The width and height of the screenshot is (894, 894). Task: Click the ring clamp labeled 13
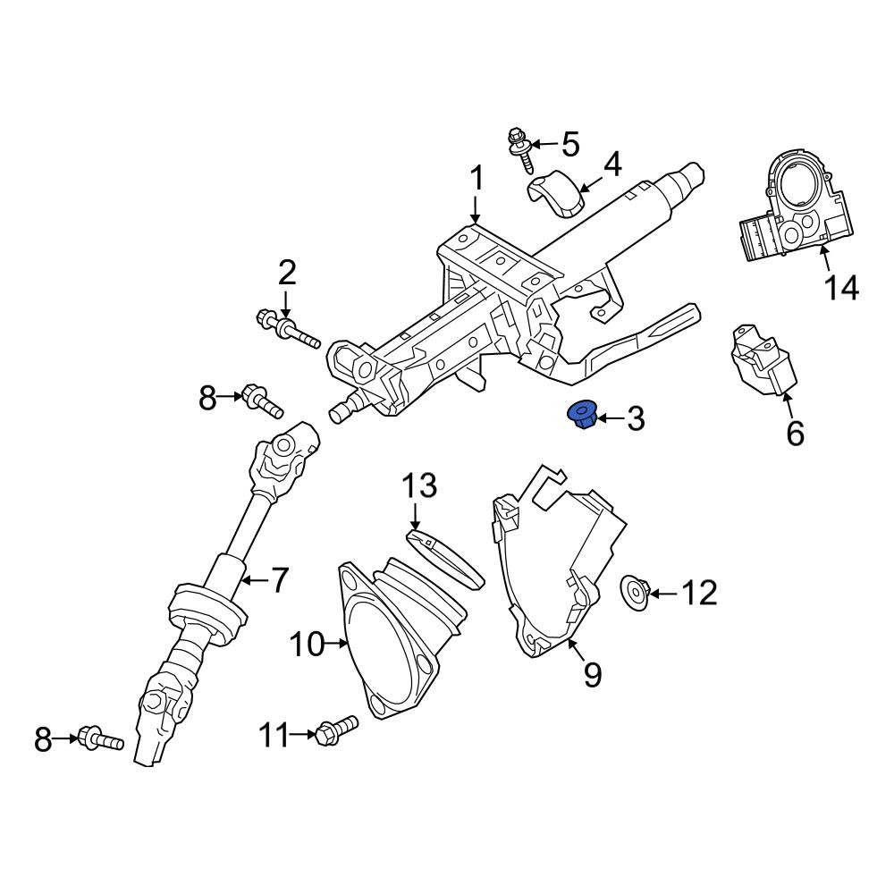tap(446, 559)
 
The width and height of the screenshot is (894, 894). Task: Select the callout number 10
tap(307, 645)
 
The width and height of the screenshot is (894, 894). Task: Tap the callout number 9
tap(593, 675)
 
